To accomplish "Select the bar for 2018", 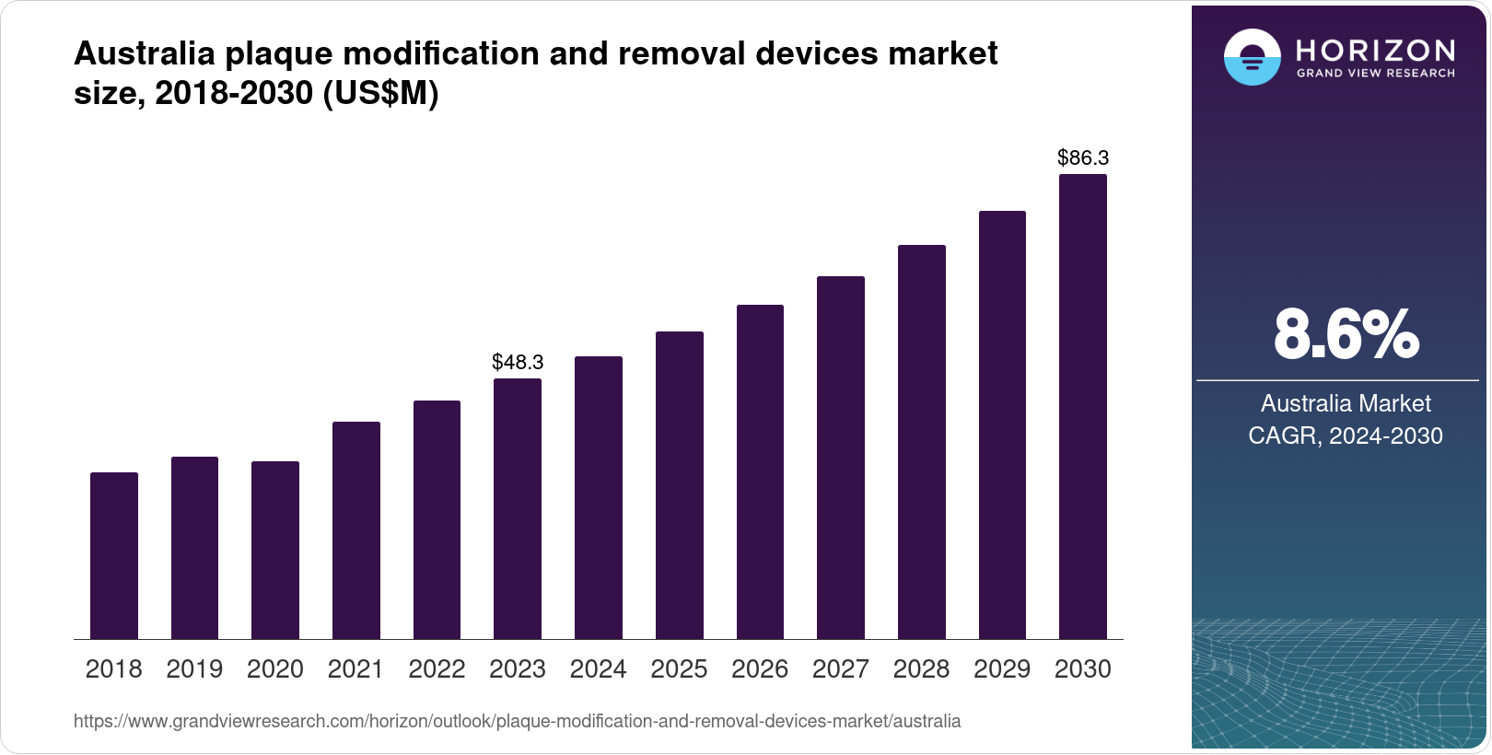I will pyautogui.click(x=114, y=555).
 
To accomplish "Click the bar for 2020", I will pyautogui.click(x=275, y=550).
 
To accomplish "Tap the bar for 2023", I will pyautogui.click(x=518, y=508).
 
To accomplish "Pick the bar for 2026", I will pyautogui.click(x=760, y=471).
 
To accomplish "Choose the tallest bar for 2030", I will pyautogui.click(x=1083, y=406).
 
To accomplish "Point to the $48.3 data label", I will pyautogui.click(x=518, y=362).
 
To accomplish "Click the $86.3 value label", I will pyautogui.click(x=1083, y=157).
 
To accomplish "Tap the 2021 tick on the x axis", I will pyautogui.click(x=356, y=668).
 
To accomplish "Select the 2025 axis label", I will pyautogui.click(x=679, y=668).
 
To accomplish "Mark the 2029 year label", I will pyautogui.click(x=1002, y=668).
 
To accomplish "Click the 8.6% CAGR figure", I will pyautogui.click(x=1346, y=335).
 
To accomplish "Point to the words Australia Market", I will pyautogui.click(x=1346, y=403).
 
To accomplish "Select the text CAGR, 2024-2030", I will pyautogui.click(x=1346, y=436).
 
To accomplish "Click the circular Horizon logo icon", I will pyautogui.click(x=1252, y=57).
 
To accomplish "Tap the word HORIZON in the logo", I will pyautogui.click(x=1375, y=50).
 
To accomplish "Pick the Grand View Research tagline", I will pyautogui.click(x=1375, y=74).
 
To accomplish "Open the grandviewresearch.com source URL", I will pyautogui.click(x=517, y=721).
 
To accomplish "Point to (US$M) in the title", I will pyautogui.click(x=380, y=93).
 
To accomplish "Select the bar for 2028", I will pyautogui.click(x=922, y=442).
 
